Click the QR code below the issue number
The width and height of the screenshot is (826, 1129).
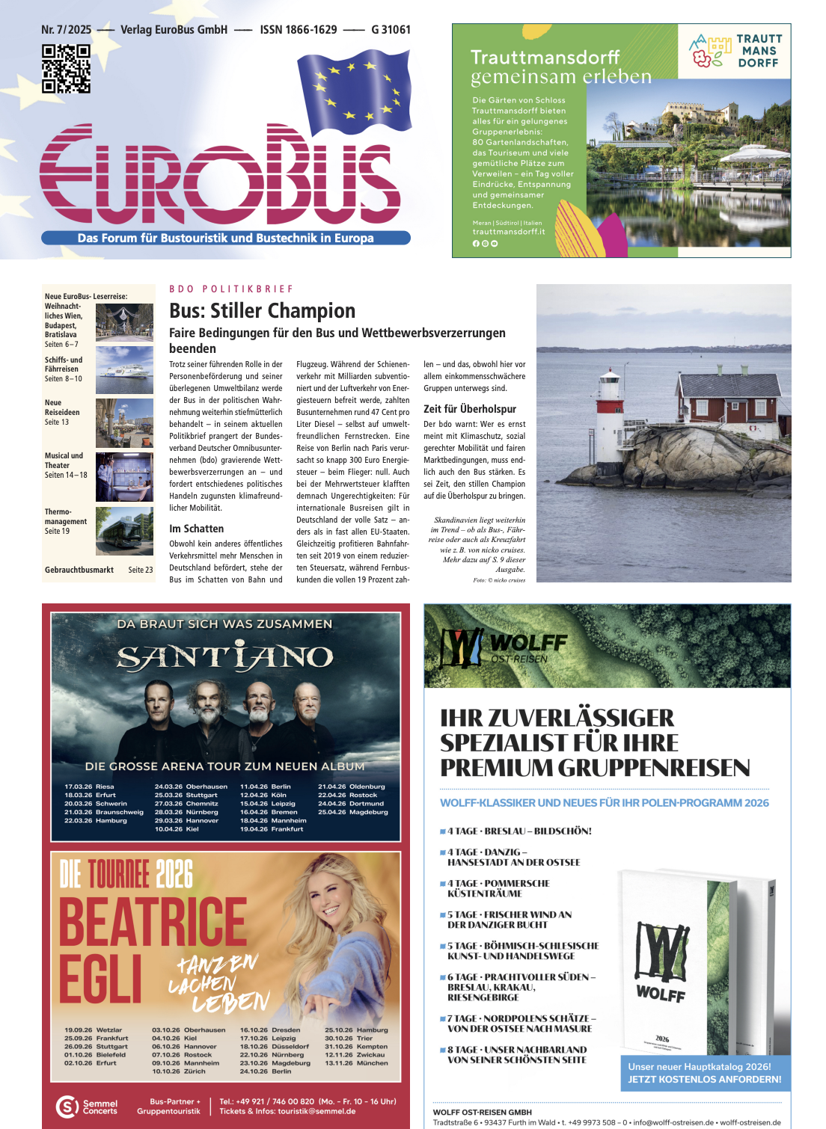pyautogui.click(x=66, y=69)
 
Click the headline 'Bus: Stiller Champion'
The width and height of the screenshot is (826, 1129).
pyautogui.click(x=262, y=311)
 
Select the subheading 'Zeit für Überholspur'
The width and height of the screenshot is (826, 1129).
pyautogui.click(x=469, y=409)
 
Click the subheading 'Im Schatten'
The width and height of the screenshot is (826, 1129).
pyautogui.click(x=196, y=529)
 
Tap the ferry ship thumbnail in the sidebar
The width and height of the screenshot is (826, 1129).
pyautogui.click(x=124, y=369)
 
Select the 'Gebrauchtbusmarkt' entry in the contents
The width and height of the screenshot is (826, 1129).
pyautogui.click(x=79, y=570)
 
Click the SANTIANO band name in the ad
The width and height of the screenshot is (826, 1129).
pyautogui.click(x=225, y=658)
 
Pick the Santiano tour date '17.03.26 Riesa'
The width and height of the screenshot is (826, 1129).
pyautogui.click(x=89, y=787)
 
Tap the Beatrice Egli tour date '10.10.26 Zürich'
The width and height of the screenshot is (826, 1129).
pyautogui.click(x=178, y=1071)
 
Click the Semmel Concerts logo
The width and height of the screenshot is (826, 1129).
pyautogui.click(x=87, y=1107)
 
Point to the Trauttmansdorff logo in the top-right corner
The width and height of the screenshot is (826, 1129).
pyautogui.click(x=734, y=51)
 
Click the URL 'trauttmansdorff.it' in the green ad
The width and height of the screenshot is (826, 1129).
pyautogui.click(x=508, y=232)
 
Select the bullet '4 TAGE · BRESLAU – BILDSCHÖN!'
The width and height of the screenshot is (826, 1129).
pyautogui.click(x=518, y=831)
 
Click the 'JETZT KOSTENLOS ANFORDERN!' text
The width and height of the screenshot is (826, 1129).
pyautogui.click(x=704, y=1079)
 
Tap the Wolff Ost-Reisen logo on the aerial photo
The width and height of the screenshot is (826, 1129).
pyautogui.click(x=504, y=647)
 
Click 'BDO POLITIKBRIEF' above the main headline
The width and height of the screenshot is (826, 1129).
pyautogui.click(x=231, y=289)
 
